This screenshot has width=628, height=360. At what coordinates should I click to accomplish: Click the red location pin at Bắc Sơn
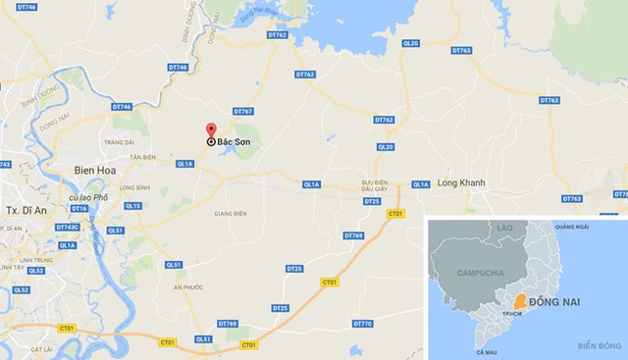210,131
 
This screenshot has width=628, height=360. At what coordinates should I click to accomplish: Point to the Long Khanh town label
461,183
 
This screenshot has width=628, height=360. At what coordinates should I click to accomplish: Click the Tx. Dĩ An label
27,211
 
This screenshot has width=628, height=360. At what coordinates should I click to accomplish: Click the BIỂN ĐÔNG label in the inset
601,345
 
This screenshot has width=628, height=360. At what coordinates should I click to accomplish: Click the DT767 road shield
243,112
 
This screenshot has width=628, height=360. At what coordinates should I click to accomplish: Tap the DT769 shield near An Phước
228,324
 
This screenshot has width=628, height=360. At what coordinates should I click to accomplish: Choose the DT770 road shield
362,324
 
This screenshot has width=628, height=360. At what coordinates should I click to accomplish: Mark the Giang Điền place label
230,213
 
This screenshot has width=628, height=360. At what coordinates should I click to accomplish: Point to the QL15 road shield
133,206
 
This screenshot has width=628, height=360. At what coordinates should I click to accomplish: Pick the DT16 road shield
79,209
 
